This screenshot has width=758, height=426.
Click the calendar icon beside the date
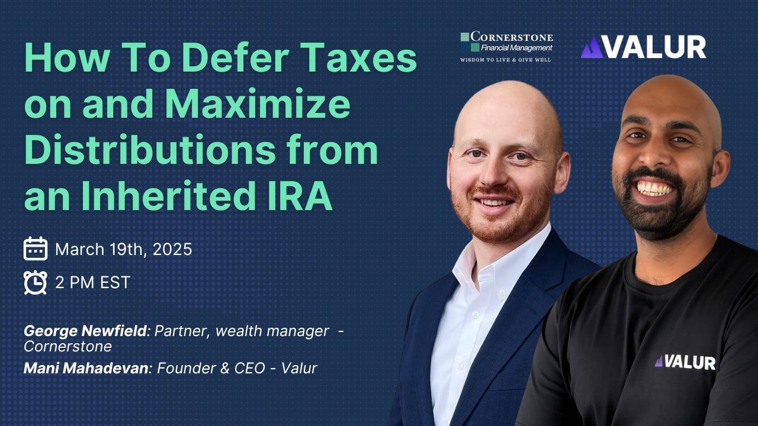tap(35, 249)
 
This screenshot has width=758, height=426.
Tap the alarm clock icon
tap(35, 282)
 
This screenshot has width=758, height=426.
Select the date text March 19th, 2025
tap(123, 249)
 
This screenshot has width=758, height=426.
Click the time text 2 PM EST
tap(92, 282)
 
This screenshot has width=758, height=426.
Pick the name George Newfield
tap(85, 331)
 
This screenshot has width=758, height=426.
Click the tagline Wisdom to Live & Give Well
tap(506, 60)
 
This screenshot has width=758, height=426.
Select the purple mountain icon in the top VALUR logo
tap(592, 48)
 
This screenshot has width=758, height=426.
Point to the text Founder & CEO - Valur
tap(237, 368)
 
